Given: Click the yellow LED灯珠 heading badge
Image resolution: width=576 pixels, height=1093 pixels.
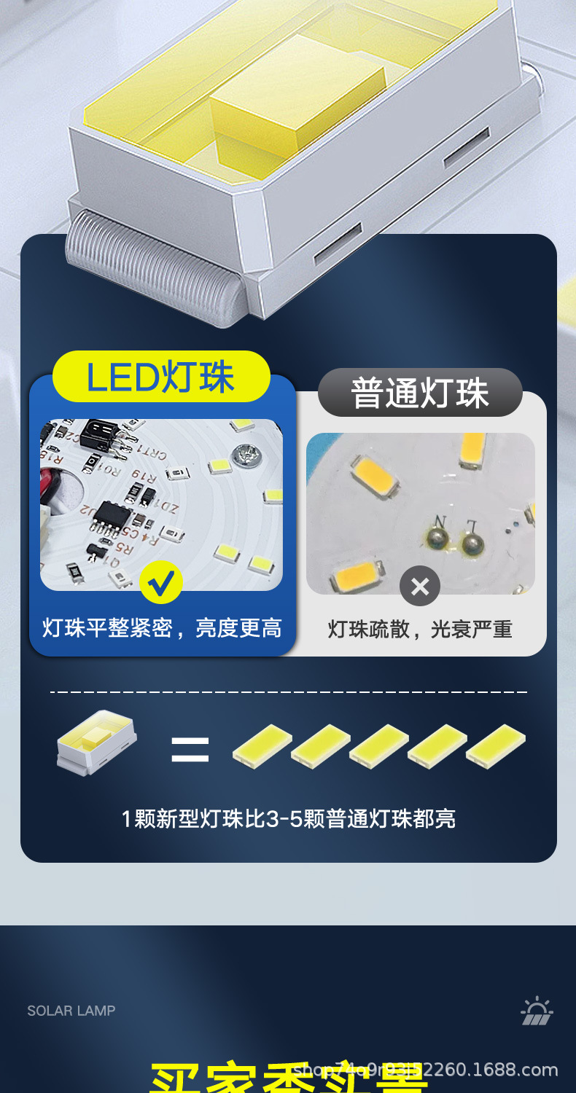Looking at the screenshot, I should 161,377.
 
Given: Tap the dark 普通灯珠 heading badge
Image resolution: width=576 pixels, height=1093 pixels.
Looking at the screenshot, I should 420,393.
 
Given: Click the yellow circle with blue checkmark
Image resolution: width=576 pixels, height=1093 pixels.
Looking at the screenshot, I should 161,582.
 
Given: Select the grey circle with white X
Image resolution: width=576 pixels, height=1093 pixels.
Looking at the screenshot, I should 420,586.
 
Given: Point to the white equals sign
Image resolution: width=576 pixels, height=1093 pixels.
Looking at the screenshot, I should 190,749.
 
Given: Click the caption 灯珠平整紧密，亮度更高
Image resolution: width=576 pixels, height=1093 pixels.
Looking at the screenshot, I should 162,628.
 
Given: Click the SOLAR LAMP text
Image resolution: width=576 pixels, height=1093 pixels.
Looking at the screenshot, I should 71,1011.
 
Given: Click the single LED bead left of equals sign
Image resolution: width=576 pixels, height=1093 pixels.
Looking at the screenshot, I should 96,742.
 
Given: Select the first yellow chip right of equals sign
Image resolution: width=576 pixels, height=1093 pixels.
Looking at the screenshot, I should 262,746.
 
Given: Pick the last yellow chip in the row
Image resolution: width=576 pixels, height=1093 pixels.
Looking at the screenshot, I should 496,746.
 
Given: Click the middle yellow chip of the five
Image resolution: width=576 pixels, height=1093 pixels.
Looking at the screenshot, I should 379,746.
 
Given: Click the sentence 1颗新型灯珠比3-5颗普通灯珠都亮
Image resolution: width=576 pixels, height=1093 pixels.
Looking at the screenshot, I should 289,819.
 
